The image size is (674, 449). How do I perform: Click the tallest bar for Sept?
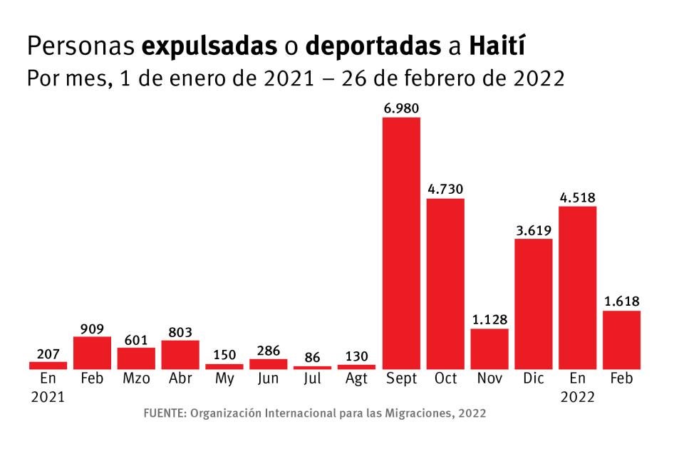pyautogui.click(x=401, y=243)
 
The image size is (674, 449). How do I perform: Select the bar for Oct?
pyautogui.click(x=445, y=284)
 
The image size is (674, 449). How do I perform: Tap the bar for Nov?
pyautogui.click(x=489, y=349)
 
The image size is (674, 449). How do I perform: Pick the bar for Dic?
pyautogui.click(x=534, y=304)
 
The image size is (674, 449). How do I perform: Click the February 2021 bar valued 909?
pyautogui.click(x=92, y=353)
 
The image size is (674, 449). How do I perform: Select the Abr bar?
pyautogui.click(x=180, y=355)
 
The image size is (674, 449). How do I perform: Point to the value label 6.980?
pyautogui.click(x=401, y=108)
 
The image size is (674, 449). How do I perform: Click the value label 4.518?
pyautogui.click(x=577, y=197)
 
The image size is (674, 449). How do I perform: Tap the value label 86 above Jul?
pyautogui.click(x=312, y=357)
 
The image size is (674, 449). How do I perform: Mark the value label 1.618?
pyautogui.click(x=621, y=301)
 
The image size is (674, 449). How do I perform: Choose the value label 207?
pyautogui.click(x=48, y=353)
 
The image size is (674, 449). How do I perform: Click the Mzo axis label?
pyautogui.click(x=136, y=379)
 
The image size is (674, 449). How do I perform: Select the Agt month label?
pyautogui.click(x=356, y=379)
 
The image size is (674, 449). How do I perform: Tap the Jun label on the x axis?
pyautogui.click(x=268, y=379)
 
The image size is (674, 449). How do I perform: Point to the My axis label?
pyautogui.click(x=224, y=379)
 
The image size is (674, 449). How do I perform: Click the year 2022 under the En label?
pyautogui.click(x=577, y=398)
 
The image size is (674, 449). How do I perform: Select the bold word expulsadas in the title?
pyautogui.click(x=209, y=47)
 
